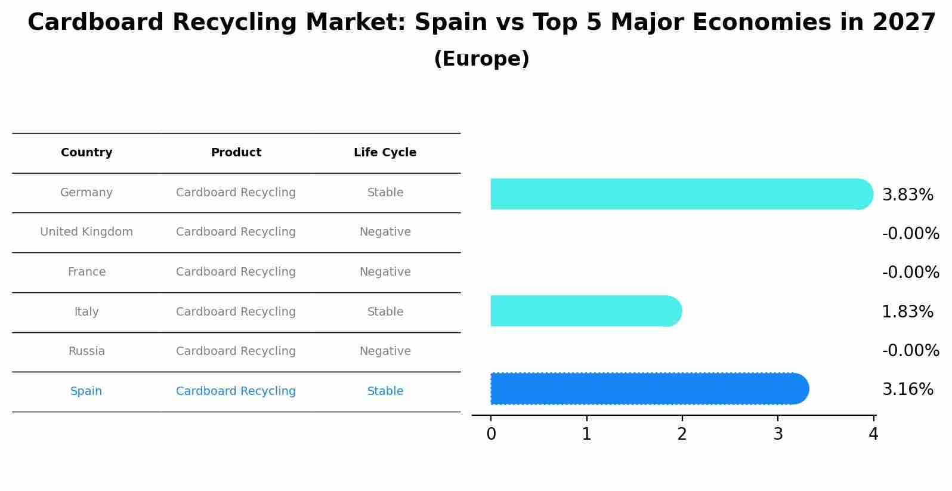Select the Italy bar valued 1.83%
point(585,311)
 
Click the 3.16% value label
point(907,390)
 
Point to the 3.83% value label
point(907,195)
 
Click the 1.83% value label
point(907,312)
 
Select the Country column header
point(86,153)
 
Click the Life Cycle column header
point(385,153)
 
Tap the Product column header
point(236,153)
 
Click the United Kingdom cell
point(86,232)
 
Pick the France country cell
point(86,272)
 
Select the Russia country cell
point(86,351)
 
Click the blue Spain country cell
point(86,391)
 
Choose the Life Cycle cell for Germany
point(385,193)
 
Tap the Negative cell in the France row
point(385,272)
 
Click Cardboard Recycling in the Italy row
point(236,312)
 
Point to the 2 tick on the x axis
point(682,434)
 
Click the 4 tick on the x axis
point(873,434)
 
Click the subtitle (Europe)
point(481,59)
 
